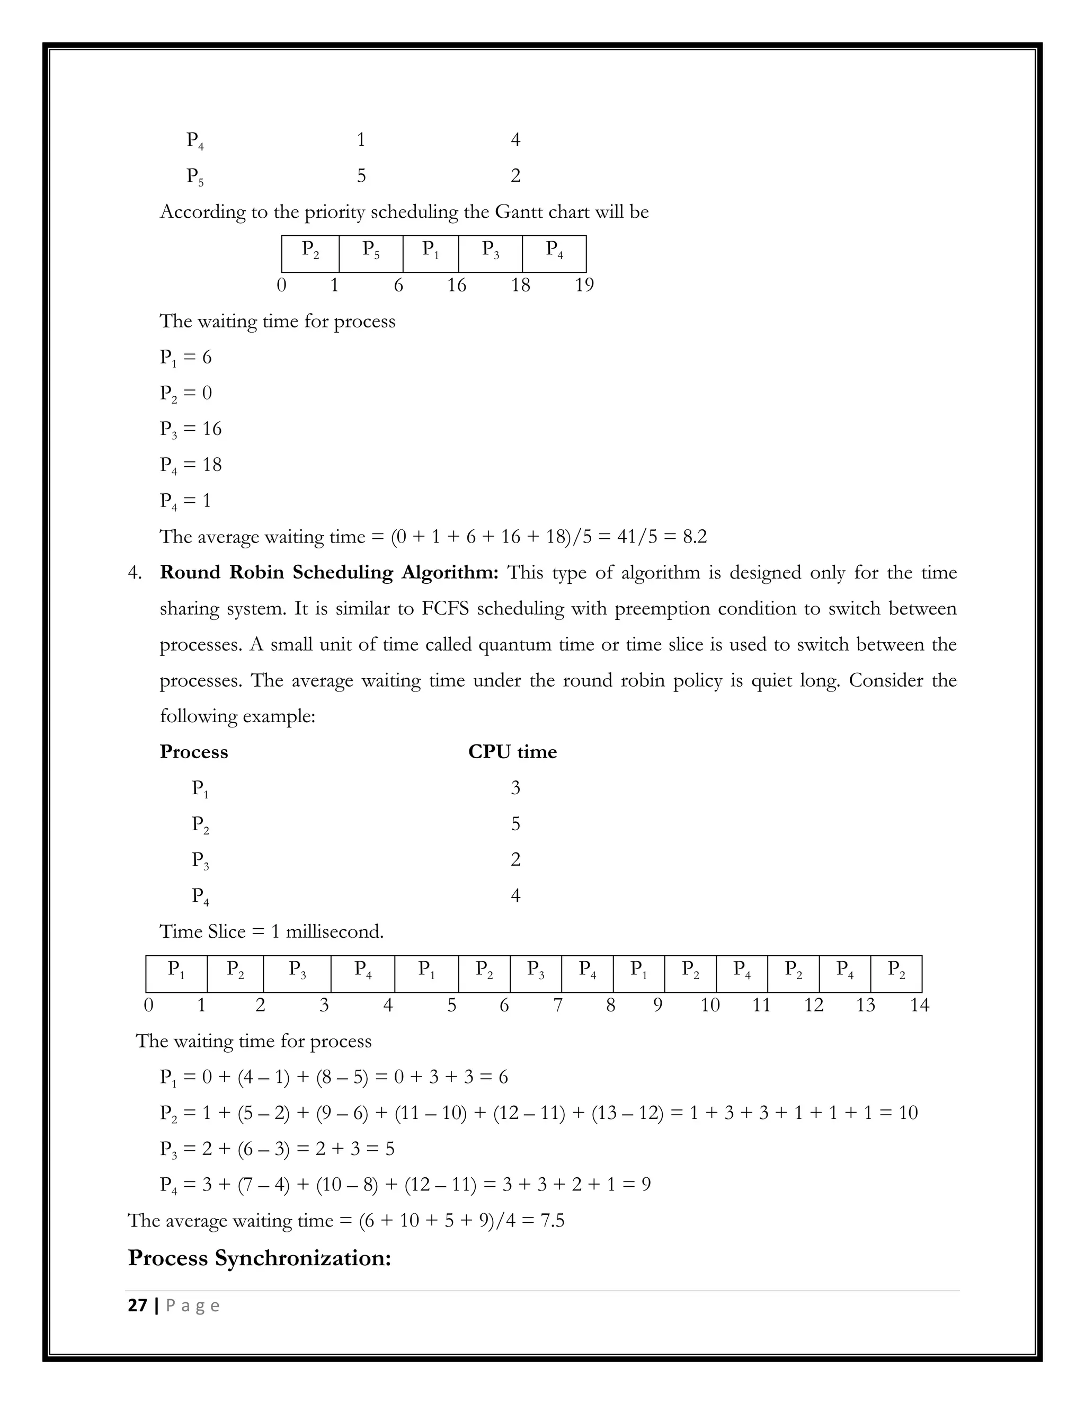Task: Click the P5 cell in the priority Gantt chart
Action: coord(371,253)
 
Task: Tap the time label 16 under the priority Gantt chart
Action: coord(456,285)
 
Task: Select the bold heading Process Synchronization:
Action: coord(259,1257)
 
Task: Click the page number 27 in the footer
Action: coord(138,1305)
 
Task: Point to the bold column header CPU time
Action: coord(512,751)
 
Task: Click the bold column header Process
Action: coord(193,751)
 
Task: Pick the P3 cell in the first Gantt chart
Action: coord(491,253)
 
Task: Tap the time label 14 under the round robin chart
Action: coord(919,1005)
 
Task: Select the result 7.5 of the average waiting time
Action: coord(552,1220)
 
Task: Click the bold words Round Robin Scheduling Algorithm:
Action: coord(328,572)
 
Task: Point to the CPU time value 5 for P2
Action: coord(515,823)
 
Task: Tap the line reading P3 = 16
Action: coord(191,429)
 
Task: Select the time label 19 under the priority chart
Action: coord(584,285)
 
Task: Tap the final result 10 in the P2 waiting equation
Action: coord(908,1113)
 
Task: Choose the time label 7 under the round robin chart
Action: coord(558,1005)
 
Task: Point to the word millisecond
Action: coord(334,931)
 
